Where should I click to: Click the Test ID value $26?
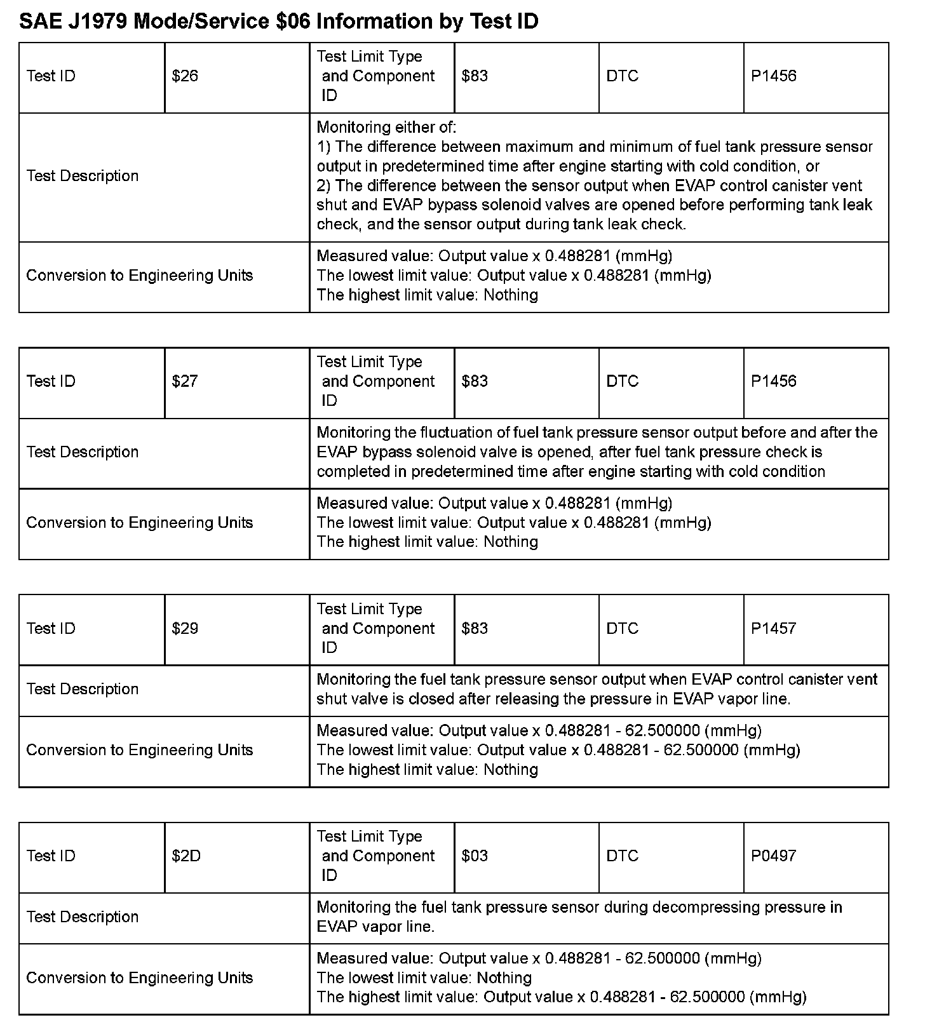click(x=185, y=76)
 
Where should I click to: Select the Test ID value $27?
click(x=185, y=381)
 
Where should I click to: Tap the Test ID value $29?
click(x=185, y=628)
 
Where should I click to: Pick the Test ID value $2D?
click(x=186, y=856)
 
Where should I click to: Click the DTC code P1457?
click(x=773, y=628)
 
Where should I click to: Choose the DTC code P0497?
click(x=773, y=856)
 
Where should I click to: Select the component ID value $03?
click(x=475, y=856)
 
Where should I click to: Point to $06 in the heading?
click(x=293, y=22)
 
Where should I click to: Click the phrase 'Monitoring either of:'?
click(x=386, y=127)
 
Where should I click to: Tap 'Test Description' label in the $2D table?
click(x=83, y=916)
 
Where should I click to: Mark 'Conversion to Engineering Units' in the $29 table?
click(x=140, y=750)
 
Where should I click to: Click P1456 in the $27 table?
click(x=773, y=381)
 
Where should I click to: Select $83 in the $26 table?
click(x=475, y=76)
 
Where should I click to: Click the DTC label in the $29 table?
click(x=622, y=628)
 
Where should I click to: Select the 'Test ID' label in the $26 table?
click(x=51, y=76)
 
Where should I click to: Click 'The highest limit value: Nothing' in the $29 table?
click(x=427, y=770)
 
